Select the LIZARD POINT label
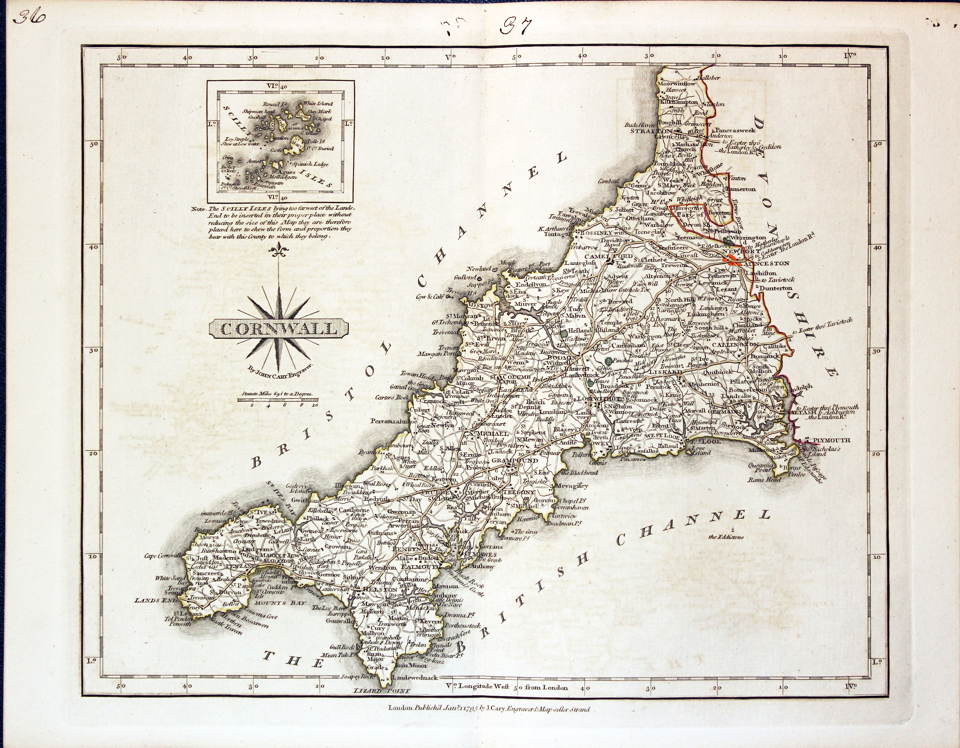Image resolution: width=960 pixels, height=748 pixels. (381, 691)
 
